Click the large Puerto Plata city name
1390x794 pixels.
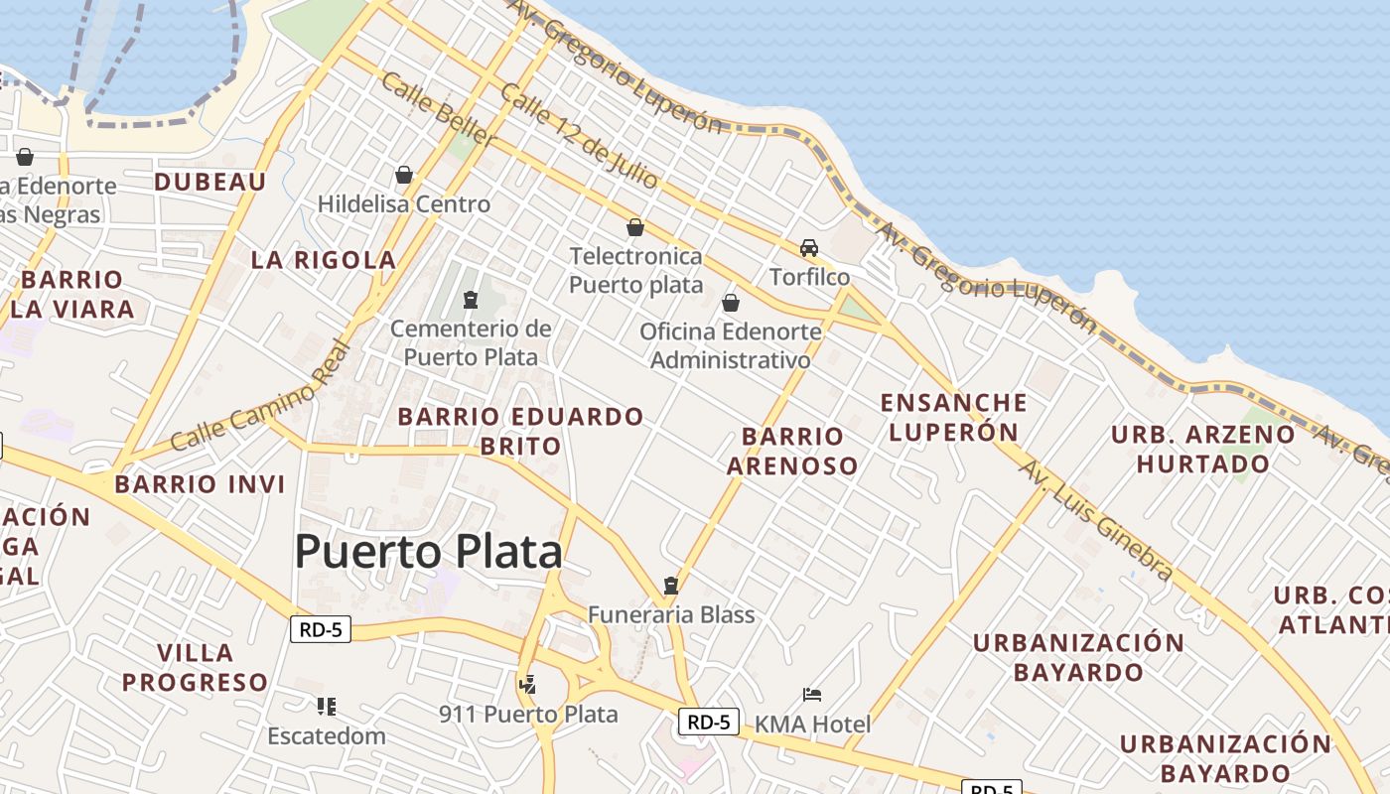coord(428,551)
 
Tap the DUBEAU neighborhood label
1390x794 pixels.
coord(210,182)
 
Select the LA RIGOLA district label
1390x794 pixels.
coord(324,260)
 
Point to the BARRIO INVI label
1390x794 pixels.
coord(200,484)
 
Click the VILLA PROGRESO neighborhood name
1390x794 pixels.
coord(196,668)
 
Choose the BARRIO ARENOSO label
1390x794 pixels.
coord(792,451)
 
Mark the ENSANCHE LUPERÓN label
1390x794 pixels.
coord(954,417)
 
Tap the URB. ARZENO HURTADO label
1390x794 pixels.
coord(1202,449)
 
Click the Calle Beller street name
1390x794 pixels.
coord(438,110)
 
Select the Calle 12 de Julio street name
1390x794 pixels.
coord(579,136)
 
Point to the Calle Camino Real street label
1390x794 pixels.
coord(261,397)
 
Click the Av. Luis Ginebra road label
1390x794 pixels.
coord(1096,521)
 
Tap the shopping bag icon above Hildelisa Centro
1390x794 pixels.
coord(404,175)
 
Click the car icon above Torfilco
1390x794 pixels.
coord(809,247)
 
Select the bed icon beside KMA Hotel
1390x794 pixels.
coord(812,694)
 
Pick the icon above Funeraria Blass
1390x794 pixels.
coord(671,586)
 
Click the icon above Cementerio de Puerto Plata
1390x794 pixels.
coord(471,299)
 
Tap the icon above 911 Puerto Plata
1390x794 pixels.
coord(527,684)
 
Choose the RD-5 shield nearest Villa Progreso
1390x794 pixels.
coord(321,628)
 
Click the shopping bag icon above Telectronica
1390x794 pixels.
coord(635,227)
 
